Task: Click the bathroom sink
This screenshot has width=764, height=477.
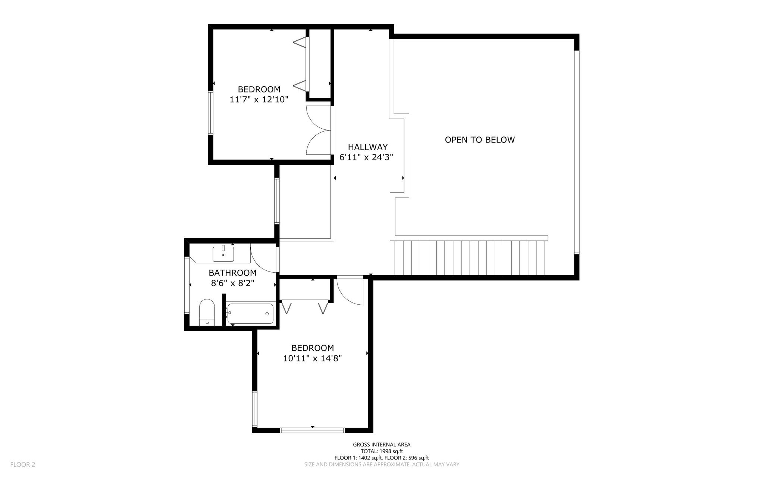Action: (223, 254)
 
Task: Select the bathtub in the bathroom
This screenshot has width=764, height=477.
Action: (250, 314)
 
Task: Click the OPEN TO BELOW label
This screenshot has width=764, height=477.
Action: (480, 140)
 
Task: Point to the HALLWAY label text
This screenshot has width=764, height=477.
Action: (368, 147)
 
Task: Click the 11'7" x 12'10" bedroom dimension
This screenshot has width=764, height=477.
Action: (259, 100)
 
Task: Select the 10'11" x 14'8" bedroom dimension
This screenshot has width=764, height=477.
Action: (313, 358)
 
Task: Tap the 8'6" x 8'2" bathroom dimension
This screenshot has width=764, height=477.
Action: (233, 283)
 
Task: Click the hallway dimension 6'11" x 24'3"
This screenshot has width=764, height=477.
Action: (366, 157)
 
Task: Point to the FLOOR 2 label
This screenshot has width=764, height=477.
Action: (23, 465)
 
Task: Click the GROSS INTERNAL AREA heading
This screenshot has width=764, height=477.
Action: (382, 445)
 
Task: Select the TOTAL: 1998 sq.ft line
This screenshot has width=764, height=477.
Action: (382, 451)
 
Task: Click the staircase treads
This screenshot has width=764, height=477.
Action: (470, 258)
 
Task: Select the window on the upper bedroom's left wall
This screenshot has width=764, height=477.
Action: (211, 113)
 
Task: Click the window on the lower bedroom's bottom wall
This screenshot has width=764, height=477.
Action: (312, 430)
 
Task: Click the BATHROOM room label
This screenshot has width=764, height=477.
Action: (233, 273)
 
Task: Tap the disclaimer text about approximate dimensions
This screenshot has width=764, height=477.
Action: (382, 465)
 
